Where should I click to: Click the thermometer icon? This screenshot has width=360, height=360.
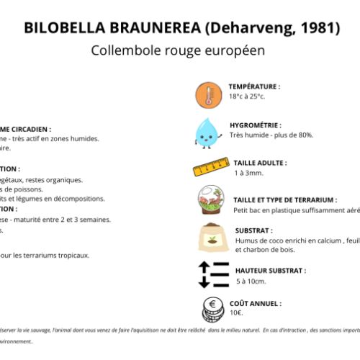point(207,94)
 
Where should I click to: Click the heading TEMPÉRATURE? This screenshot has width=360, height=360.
point(254,86)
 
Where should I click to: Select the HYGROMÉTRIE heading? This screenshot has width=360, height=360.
point(255,125)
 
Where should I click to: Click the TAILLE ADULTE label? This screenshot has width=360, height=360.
point(260,163)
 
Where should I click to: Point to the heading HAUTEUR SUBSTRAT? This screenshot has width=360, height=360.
point(270,271)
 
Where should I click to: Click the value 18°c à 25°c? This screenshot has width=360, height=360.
point(248,96)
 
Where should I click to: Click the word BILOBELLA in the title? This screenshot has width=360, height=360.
point(64,28)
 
